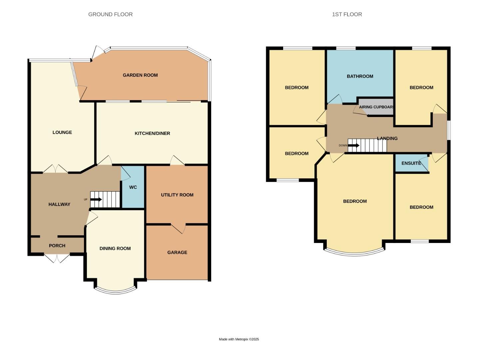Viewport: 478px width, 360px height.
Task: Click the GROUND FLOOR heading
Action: pos(110,14)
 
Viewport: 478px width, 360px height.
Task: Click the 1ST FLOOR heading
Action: pos(347,14)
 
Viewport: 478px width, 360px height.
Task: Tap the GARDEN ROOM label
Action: pos(140,75)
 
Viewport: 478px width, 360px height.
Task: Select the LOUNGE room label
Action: pos(62,132)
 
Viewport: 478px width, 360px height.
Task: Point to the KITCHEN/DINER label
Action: pos(152,133)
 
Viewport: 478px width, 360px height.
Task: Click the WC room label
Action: pos(133,187)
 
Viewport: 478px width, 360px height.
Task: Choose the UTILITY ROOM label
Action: pos(177,195)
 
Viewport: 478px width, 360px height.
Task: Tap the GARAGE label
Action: pos(177,253)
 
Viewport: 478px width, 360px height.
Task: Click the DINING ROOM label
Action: pos(115,248)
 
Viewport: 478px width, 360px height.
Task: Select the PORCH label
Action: pos(57,246)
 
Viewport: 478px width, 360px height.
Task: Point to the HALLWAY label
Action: pos(59,204)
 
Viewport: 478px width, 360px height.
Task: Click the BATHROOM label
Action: pos(360,76)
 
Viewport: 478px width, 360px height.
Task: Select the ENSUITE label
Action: pos(411,163)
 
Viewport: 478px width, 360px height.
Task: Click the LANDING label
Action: pos(387,138)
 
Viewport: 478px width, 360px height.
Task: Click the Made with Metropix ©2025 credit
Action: pos(239,339)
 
